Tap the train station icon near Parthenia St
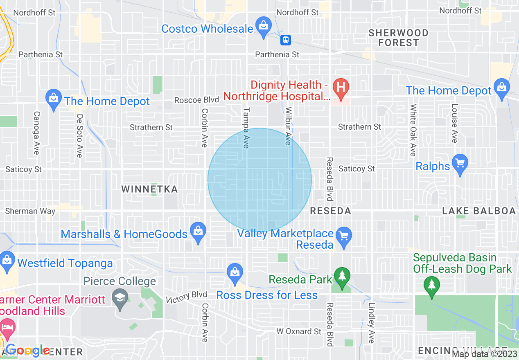pos(285,40)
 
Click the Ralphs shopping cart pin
pos(460,164)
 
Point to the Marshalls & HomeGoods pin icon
pos(198,232)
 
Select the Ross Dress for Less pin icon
pos(235,273)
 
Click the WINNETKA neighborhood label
pos(149,189)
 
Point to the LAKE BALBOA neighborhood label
pos(478,211)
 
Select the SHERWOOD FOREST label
pos(398,37)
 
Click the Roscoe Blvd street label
pos(194,100)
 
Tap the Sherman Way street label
pos(30,211)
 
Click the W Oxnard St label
pos(299,331)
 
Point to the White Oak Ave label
pos(413,130)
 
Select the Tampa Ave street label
pos(246,128)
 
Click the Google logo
pos(27,351)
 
